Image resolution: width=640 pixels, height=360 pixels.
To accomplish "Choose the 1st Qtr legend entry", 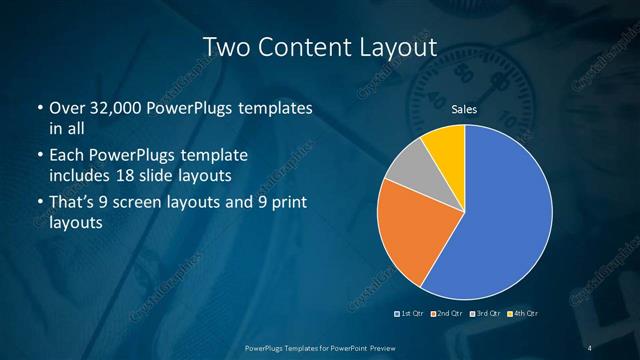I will click(x=412, y=313).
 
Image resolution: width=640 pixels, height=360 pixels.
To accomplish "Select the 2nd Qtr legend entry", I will click(x=447, y=313).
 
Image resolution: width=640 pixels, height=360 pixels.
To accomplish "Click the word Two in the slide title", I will click(x=224, y=47).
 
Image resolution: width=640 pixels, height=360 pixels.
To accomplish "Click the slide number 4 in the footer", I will click(x=591, y=347).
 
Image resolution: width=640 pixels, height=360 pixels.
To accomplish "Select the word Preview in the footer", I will click(x=377, y=347).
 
